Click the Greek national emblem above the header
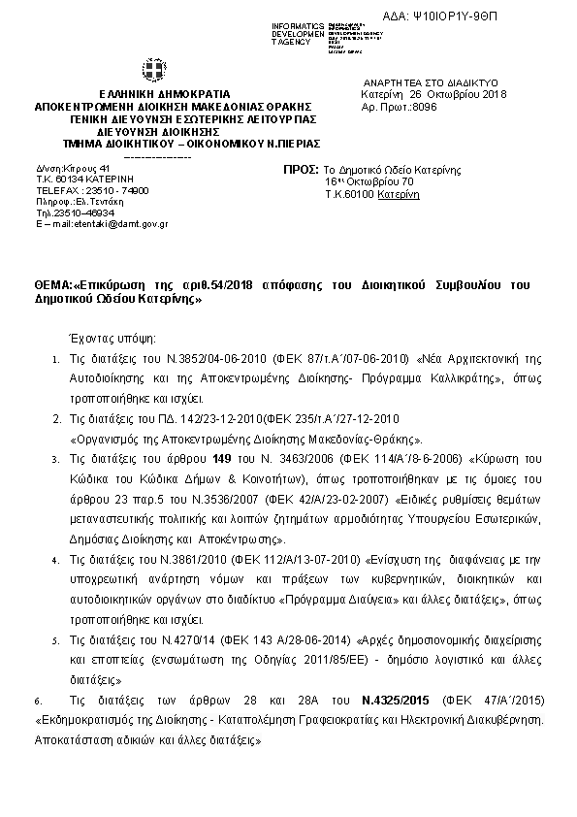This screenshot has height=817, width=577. pos(154,72)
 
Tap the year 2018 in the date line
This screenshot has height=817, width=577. pos(490,94)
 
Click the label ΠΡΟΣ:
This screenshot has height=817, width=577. pos(300,169)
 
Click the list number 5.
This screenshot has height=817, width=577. pos(56,641)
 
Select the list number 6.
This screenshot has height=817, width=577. pos(37,700)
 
